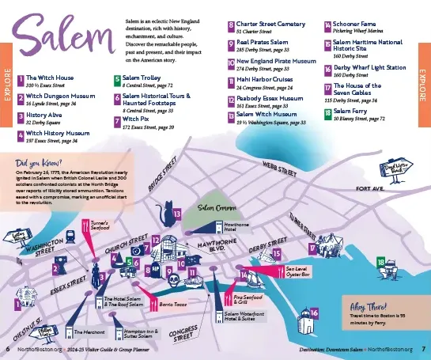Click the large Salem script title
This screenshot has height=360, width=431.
64,37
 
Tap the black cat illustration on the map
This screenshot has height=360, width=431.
166,213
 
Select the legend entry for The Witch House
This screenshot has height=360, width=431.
51,79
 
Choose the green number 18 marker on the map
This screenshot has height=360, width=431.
381,262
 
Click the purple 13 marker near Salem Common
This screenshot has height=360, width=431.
178,214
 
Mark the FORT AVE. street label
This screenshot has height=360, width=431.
369,189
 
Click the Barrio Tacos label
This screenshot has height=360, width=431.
172,302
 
